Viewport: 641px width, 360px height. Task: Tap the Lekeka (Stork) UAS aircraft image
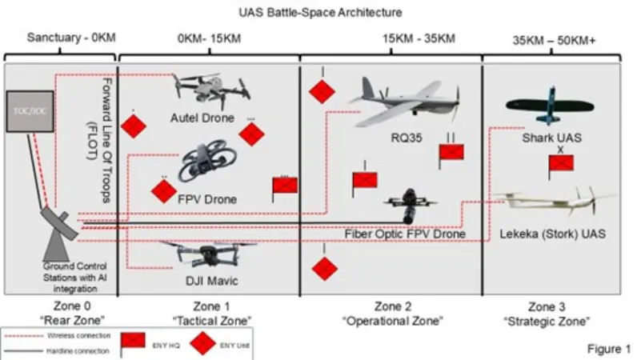point(554,205)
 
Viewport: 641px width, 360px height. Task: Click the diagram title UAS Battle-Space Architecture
point(320,13)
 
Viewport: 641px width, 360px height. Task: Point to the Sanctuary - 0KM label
point(61,38)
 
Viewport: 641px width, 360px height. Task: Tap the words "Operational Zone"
point(395,320)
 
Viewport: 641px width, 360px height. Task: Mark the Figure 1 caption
point(609,349)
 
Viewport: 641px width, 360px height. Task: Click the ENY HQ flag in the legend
point(131,342)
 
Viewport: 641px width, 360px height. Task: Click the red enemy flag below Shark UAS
point(561,166)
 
